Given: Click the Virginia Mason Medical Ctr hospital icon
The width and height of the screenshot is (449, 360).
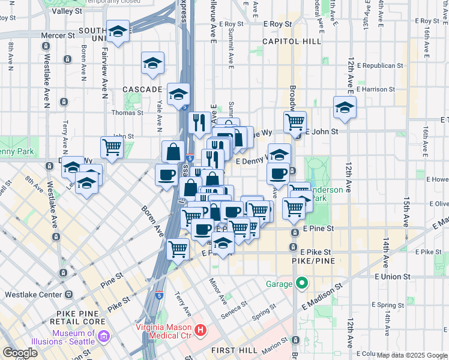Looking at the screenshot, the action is point(201,330).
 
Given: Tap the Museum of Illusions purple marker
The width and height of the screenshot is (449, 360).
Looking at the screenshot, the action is point(103,333).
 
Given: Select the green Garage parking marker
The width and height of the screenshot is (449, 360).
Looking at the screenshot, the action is point(302,283).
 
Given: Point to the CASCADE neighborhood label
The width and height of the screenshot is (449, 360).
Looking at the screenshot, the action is point(142,89).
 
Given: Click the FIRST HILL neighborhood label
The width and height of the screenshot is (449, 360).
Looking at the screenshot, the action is point(234,349).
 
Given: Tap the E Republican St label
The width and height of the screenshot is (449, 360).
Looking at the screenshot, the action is point(379,65).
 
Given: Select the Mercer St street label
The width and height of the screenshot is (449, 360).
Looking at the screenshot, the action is point(58,35).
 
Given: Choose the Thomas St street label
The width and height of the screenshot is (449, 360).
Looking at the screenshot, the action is point(127,112).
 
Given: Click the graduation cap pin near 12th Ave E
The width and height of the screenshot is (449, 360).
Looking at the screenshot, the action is point(345,108).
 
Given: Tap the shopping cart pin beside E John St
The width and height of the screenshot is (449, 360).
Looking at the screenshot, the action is point(295,122).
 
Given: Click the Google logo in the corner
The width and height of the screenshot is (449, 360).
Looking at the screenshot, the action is point(20,353).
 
